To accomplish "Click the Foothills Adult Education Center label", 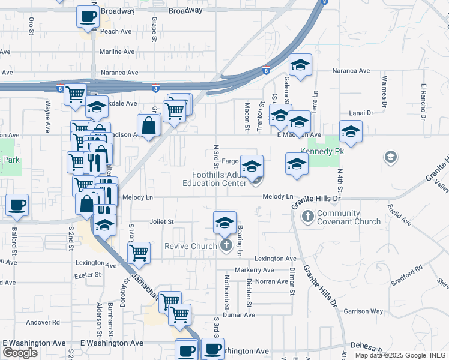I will pos(214,179).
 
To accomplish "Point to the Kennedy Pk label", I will pos(322,152).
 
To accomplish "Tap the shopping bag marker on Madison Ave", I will pos(148,125).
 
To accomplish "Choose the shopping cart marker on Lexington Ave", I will pos(139,253).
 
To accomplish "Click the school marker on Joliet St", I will pos(224,222).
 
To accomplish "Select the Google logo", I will pos(20,352).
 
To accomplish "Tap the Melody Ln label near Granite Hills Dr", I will pos(277,197).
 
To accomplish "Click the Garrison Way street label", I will pos(363,311).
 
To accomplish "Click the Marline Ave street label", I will pos(116,52).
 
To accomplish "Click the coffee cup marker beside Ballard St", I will pos(17,205).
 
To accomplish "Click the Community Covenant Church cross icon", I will pos(307,215).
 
